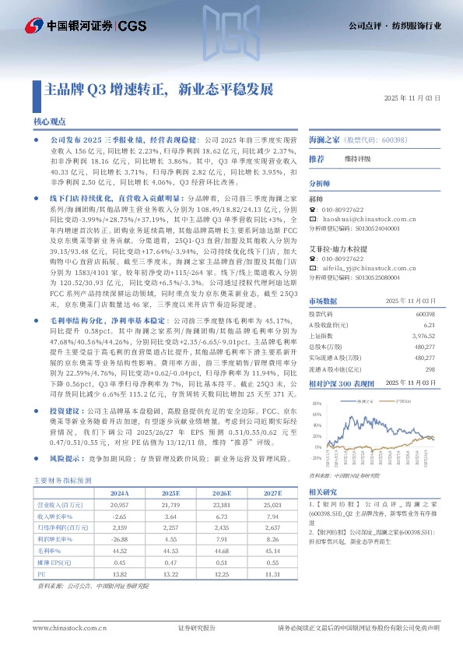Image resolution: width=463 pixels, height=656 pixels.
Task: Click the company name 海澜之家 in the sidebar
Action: [324, 140]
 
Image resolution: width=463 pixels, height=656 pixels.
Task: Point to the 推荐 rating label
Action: [317, 159]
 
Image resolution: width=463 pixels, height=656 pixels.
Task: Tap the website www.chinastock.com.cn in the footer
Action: [65, 628]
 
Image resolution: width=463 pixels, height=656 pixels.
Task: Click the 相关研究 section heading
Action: [323, 492]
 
